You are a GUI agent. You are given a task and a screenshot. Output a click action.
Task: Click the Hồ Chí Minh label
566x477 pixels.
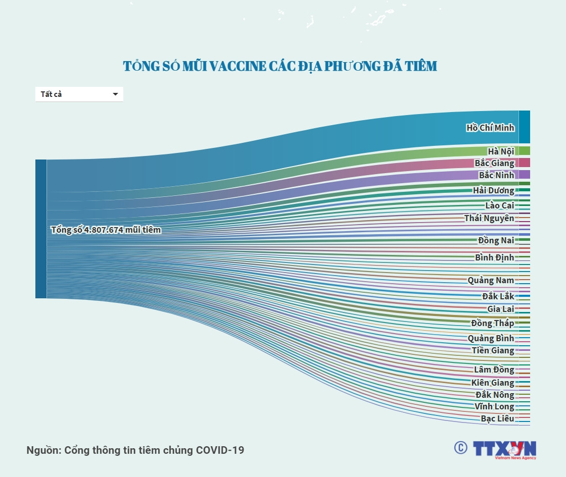490,128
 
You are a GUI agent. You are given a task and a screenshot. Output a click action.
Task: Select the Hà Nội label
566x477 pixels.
500,151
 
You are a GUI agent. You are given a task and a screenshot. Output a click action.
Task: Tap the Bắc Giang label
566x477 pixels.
494,163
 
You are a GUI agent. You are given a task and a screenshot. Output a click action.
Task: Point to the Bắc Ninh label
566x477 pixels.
496,175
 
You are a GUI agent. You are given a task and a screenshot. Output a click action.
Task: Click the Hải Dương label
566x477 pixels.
493,190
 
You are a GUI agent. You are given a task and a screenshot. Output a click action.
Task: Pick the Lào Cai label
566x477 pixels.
499,205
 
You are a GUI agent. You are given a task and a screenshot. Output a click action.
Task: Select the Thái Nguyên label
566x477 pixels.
489,218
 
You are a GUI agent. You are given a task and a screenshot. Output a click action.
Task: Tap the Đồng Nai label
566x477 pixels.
495,240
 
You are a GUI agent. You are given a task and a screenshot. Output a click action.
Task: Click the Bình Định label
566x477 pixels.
494,257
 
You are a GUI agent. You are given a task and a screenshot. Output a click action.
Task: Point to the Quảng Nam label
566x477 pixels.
490,280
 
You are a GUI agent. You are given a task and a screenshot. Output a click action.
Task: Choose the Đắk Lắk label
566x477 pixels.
498,296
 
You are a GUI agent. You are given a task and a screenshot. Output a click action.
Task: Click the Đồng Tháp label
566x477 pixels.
492,323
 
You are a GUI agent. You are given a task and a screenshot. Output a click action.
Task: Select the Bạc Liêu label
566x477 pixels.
497,418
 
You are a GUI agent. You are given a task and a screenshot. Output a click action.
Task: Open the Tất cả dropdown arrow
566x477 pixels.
115,94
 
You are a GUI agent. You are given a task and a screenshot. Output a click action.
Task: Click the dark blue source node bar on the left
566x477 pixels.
41,229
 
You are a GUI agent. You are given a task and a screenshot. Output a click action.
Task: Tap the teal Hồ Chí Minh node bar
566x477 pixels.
524,127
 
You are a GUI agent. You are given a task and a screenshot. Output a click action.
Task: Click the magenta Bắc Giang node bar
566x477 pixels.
524,163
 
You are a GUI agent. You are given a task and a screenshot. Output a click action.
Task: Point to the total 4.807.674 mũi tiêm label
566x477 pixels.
106,230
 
